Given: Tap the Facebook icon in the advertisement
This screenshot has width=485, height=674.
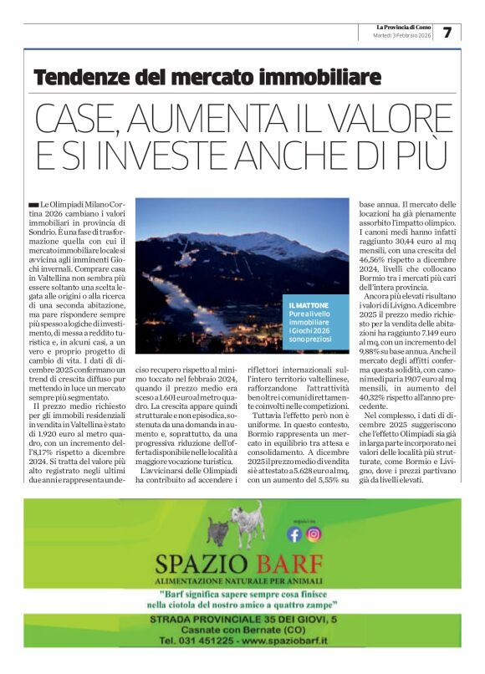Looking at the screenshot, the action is point(294,534).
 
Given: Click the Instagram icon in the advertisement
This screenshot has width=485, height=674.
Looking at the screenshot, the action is point(313,534).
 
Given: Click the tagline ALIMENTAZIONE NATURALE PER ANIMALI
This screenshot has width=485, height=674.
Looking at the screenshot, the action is point(242,580).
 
